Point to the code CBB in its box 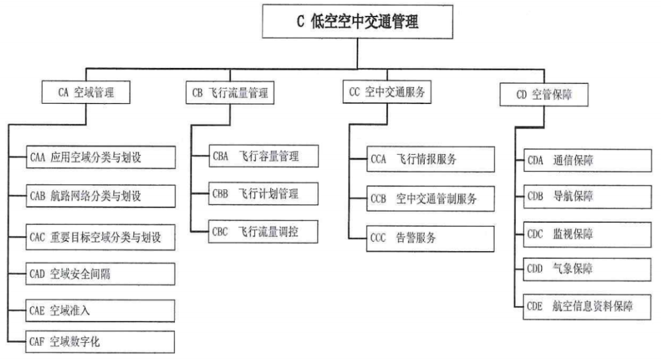click(x=221, y=194)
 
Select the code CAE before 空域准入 click(x=37, y=310)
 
